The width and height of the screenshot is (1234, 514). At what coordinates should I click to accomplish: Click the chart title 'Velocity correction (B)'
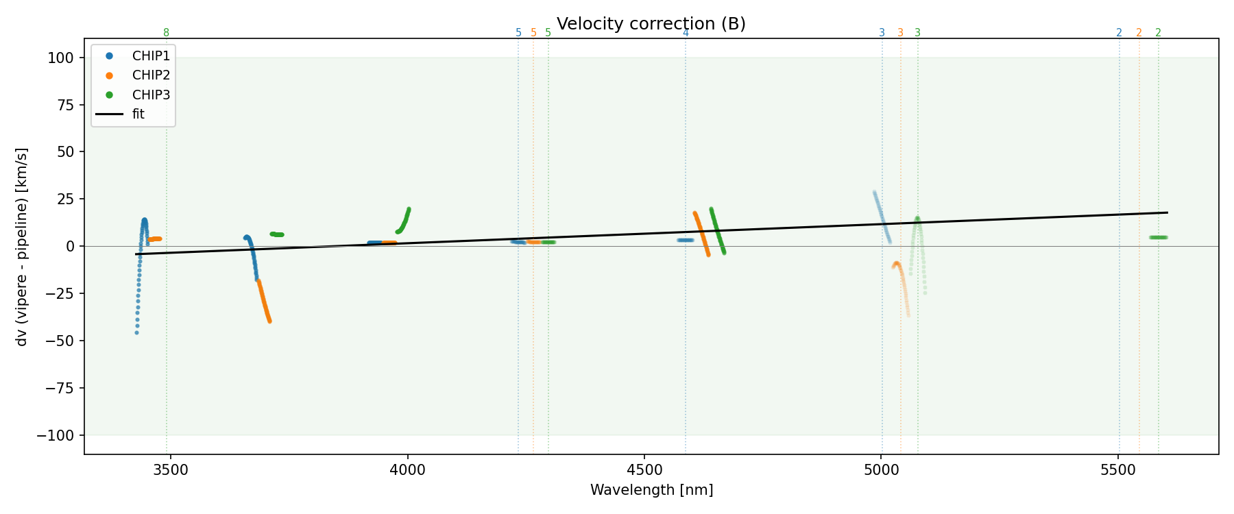click(x=651, y=24)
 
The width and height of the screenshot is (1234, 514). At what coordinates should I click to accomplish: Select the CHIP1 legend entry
click(x=151, y=56)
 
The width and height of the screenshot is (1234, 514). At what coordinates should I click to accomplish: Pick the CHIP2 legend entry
click(x=151, y=75)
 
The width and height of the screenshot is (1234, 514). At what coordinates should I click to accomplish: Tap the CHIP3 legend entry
click(x=151, y=95)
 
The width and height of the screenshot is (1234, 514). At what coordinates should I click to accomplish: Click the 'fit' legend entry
click(x=138, y=114)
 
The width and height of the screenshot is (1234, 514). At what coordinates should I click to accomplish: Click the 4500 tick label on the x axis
click(x=644, y=469)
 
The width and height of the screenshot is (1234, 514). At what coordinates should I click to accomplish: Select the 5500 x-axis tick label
click(x=1118, y=469)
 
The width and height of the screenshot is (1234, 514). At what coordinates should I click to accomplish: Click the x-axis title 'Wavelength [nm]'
click(x=651, y=490)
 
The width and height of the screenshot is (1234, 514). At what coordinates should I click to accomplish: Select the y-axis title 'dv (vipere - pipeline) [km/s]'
click(x=22, y=247)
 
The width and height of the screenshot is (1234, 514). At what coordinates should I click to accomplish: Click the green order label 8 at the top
click(x=166, y=33)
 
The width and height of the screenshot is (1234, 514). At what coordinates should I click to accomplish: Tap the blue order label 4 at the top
click(x=686, y=33)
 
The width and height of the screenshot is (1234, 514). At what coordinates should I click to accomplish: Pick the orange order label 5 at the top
click(x=533, y=33)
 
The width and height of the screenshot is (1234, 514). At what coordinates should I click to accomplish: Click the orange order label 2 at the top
click(x=1139, y=33)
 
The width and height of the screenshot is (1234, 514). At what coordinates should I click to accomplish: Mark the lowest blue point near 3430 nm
click(x=136, y=333)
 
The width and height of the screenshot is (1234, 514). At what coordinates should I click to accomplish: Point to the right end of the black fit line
click(x=1167, y=212)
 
